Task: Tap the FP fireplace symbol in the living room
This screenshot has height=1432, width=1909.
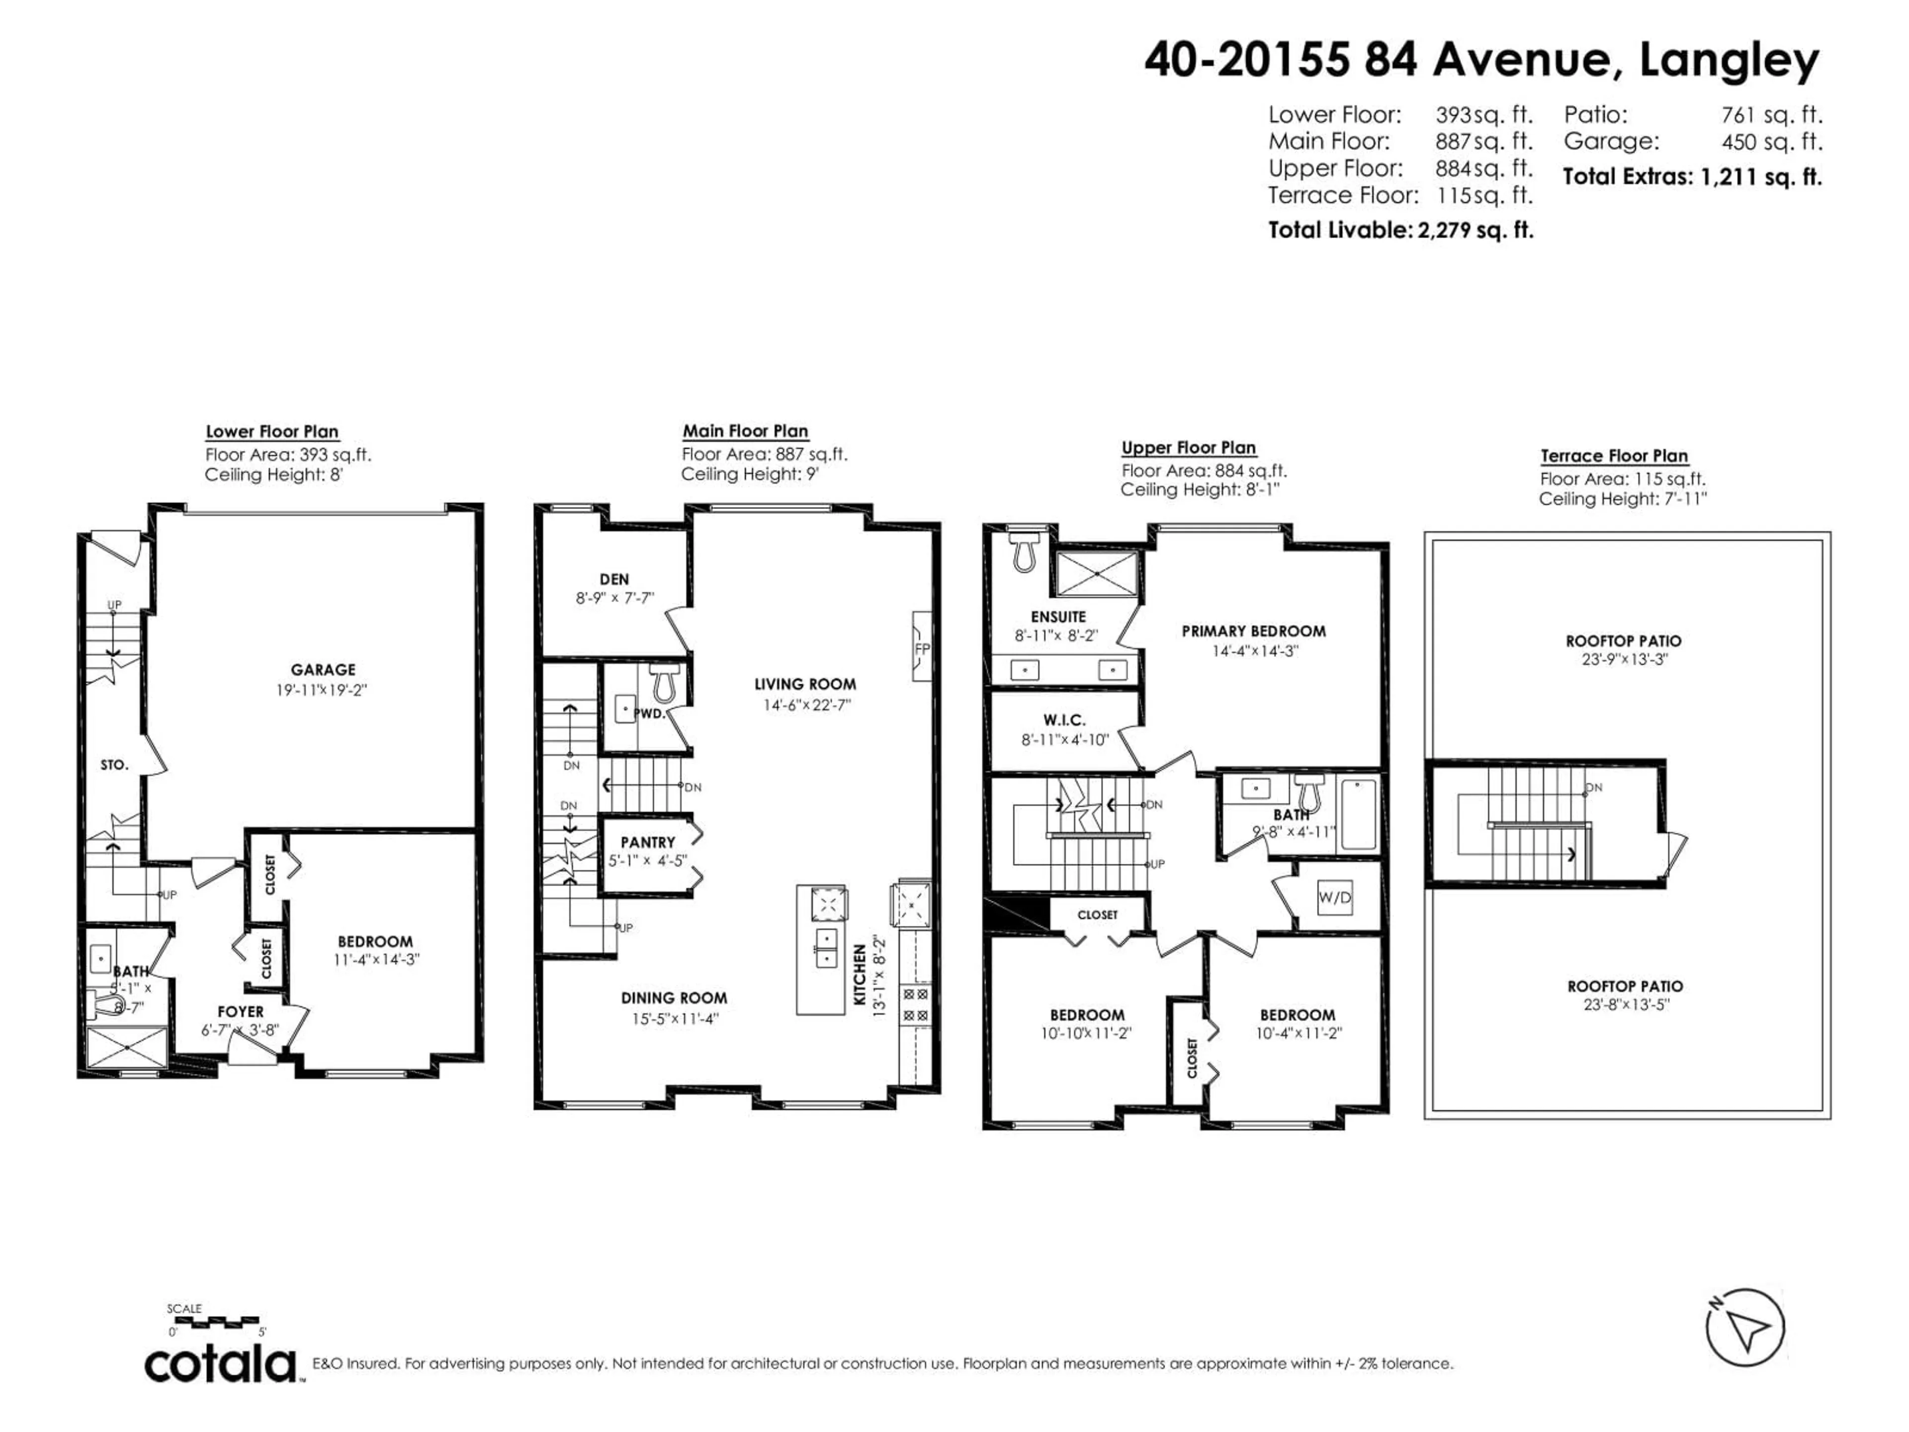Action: click(x=922, y=647)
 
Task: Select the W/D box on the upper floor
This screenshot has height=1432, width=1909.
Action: click(x=1334, y=897)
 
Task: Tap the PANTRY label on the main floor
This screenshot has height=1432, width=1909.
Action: click(x=647, y=842)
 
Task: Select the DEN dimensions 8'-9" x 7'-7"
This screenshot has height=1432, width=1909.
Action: click(x=614, y=597)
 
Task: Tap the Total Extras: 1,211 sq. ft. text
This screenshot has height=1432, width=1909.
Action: click(x=1692, y=177)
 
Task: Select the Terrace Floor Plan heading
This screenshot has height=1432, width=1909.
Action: click(x=1614, y=456)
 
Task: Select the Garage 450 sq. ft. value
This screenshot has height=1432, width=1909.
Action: click(x=1772, y=142)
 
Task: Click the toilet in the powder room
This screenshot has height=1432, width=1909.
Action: click(x=664, y=682)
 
